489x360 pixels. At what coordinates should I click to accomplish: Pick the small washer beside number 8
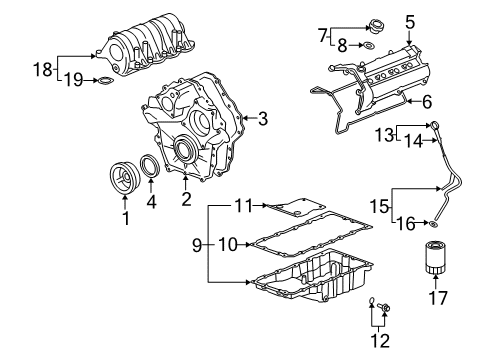point(369,45)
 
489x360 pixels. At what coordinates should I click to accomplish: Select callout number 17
point(435,297)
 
